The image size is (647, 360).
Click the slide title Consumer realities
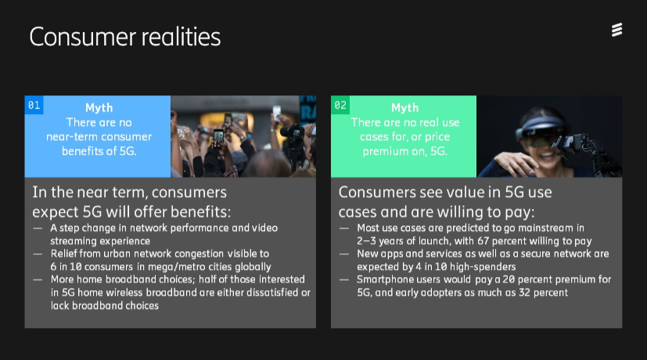coord(125,37)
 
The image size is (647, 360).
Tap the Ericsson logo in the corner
coord(616,30)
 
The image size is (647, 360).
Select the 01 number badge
coord(34,105)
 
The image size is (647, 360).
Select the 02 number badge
coord(340,105)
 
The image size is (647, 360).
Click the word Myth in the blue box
coord(99,108)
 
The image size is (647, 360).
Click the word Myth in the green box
coord(404,108)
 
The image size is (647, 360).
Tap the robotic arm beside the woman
coord(586,151)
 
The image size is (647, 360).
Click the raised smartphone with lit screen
coord(218,138)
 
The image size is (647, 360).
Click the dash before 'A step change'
coord(38,228)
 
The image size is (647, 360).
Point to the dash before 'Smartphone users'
coord(344,279)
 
